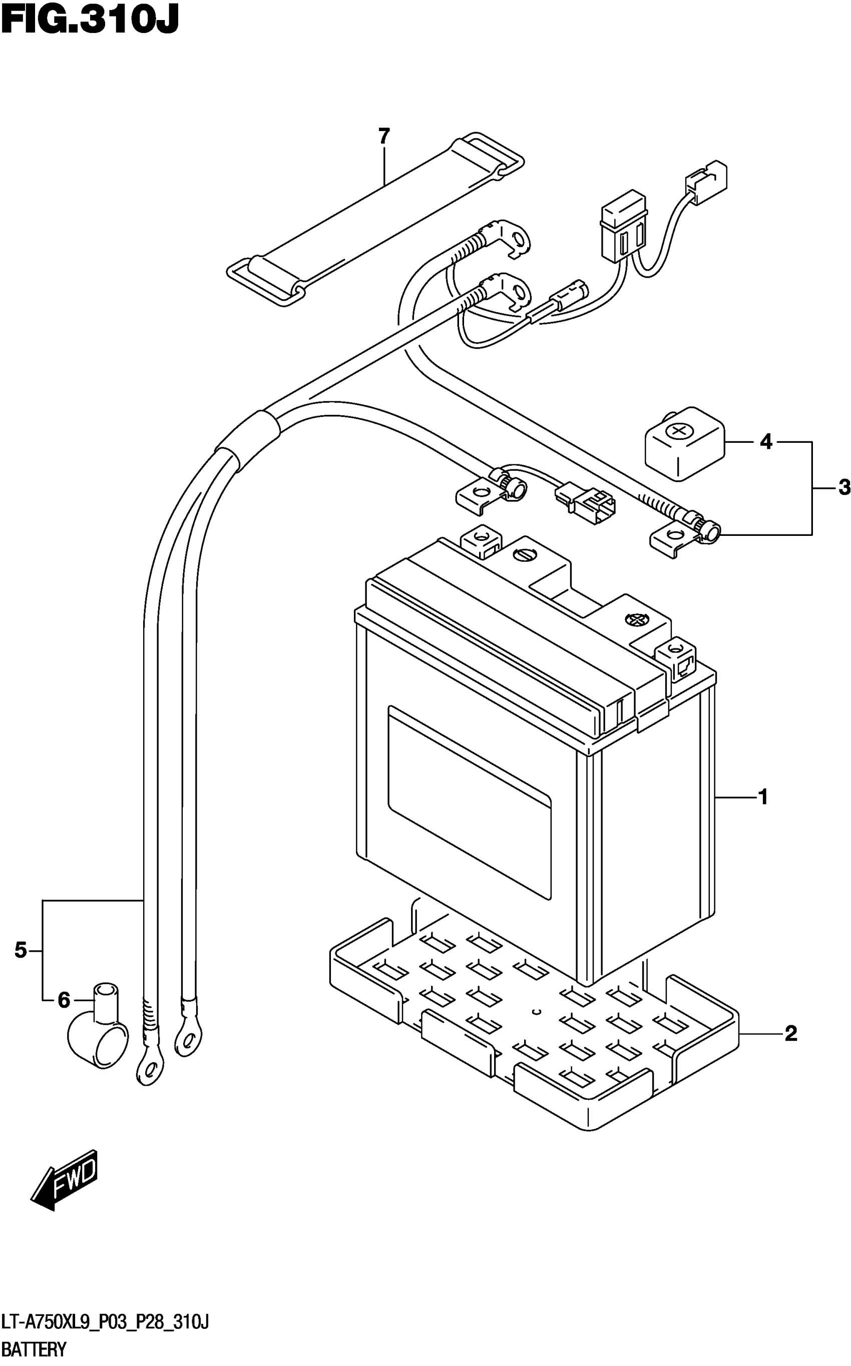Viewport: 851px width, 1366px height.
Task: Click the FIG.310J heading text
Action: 90,22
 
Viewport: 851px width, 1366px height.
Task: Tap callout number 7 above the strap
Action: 384,137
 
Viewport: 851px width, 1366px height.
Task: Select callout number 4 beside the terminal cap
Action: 766,442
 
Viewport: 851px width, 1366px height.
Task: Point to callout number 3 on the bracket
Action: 843,487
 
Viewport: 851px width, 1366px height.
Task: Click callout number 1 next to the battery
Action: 763,797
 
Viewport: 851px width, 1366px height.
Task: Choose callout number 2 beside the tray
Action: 790,1033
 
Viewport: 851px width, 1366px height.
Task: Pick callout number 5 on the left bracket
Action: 21,951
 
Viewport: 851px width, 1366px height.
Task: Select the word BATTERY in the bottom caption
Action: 34,1349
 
